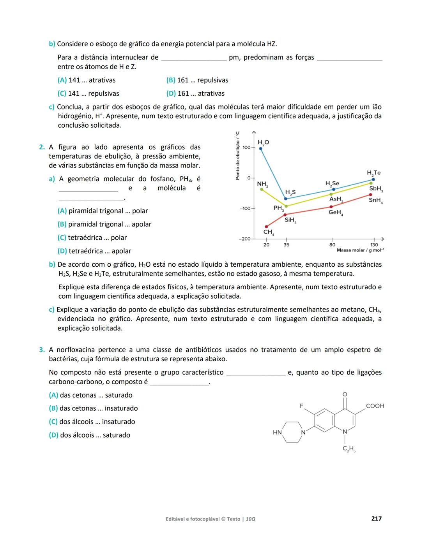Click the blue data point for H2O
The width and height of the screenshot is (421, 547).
click(x=261, y=148)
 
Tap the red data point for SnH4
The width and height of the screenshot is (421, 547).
click(x=370, y=195)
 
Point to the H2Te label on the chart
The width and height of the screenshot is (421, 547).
click(x=373, y=173)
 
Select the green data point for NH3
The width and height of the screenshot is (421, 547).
click(x=262, y=189)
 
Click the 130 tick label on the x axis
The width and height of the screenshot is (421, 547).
click(x=374, y=245)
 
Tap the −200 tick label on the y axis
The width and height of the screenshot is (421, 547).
click(x=244, y=239)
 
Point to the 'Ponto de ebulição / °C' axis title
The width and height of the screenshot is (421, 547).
click(x=237, y=156)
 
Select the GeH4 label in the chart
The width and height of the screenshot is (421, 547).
click(x=335, y=213)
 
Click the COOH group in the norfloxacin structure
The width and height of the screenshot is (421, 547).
click(x=375, y=406)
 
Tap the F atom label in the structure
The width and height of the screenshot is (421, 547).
click(x=301, y=406)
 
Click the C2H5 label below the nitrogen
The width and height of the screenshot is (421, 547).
click(x=349, y=449)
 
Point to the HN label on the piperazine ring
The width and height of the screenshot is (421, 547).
click(x=277, y=432)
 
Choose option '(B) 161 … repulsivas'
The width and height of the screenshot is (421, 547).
click(x=197, y=80)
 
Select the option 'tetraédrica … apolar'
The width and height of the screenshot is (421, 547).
click(x=94, y=251)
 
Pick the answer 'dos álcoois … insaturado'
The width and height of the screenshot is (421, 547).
click(x=92, y=422)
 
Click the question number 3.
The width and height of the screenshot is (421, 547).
click(x=42, y=350)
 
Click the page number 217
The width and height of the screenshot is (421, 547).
click(x=377, y=519)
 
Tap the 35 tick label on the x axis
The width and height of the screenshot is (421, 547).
click(x=287, y=245)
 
